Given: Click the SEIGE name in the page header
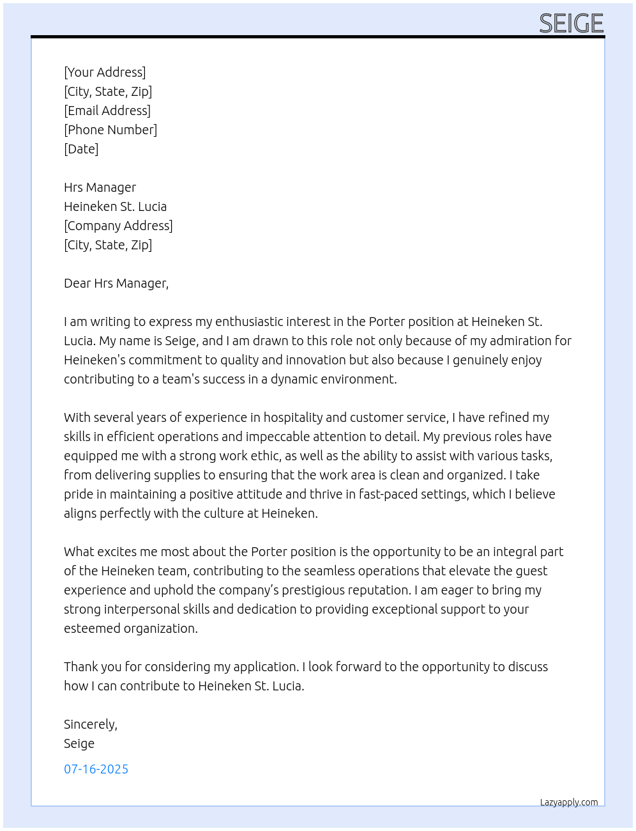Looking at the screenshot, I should [571, 24].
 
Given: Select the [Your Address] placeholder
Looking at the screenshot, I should [105, 72].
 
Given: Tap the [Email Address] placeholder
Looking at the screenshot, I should [107, 111].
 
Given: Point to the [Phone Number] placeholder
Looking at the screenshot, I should [110, 130].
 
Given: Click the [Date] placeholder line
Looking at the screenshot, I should [81, 149].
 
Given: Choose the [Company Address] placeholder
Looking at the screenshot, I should [118, 226].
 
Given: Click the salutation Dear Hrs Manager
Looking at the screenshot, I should [116, 283].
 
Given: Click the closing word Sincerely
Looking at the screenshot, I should [90, 724].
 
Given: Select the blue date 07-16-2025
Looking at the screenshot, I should [96, 769].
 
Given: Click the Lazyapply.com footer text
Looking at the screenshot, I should [569, 802].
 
